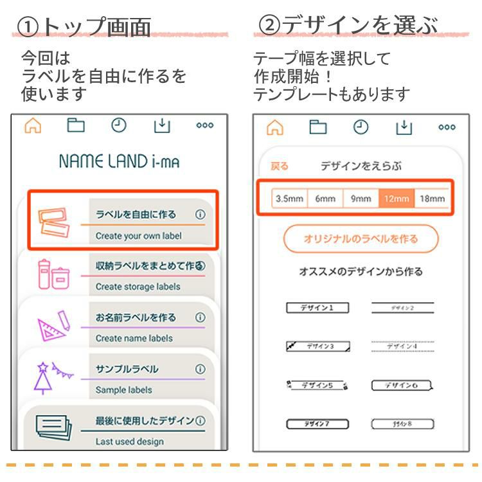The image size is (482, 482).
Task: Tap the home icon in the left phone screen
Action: point(33,126)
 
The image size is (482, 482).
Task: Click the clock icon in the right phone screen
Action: point(361,127)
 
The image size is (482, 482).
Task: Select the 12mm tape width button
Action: point(396,199)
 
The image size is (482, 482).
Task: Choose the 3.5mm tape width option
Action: point(289,199)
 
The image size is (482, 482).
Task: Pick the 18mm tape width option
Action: point(432,199)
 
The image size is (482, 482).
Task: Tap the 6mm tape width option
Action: point(325,199)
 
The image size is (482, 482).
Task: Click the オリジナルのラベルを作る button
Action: point(361,239)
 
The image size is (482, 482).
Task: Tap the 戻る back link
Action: point(280,166)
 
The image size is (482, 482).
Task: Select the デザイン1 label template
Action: point(317,308)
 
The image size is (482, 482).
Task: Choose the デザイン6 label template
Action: point(402,386)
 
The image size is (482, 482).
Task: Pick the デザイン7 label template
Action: point(317,424)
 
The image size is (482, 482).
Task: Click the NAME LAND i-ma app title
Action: point(119,161)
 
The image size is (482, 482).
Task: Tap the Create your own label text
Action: point(138,236)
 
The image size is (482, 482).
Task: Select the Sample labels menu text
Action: point(124,389)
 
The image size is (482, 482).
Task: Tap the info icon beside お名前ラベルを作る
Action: point(200,317)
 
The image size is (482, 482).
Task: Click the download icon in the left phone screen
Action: point(162,126)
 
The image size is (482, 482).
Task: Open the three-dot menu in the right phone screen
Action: point(447,127)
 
